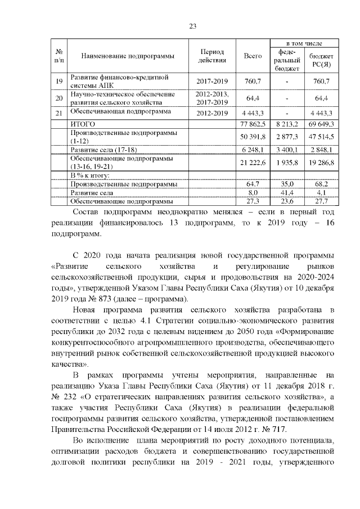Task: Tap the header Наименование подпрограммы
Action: pyautogui.click(x=127, y=56)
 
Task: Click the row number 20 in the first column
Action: pyautogui.click(x=58, y=98)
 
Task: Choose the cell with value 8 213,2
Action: pyautogui.click(x=286, y=124)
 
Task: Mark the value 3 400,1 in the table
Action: pyautogui.click(x=286, y=150)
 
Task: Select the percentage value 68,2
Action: pyautogui.click(x=322, y=184)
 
